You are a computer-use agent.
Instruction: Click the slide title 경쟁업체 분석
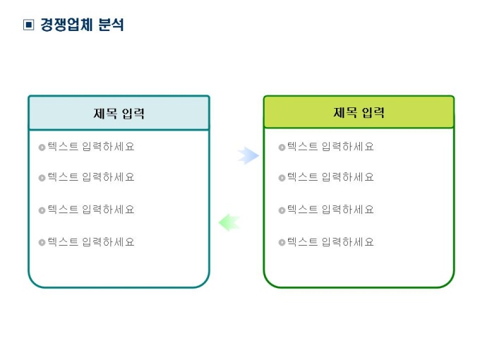82,25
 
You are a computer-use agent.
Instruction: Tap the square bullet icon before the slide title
28,25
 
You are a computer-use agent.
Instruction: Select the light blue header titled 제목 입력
119,113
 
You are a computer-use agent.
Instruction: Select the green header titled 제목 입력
359,112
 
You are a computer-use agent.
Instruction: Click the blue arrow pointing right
248,156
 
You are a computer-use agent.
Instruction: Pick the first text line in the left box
90,147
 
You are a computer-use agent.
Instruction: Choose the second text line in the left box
90,177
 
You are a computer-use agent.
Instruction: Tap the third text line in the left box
90,210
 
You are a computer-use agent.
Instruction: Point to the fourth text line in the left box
90,242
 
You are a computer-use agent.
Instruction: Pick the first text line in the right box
330,147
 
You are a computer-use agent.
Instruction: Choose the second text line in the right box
330,177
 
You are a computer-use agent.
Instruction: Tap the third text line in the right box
330,210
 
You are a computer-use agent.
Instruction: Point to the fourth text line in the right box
330,242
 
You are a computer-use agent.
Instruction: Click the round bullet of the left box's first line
42,148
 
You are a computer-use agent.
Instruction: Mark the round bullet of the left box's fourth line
42,243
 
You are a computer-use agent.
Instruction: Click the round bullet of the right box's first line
282,148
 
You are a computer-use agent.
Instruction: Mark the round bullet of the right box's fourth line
282,243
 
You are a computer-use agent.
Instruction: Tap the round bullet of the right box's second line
282,178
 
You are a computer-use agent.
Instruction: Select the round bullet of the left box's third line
42,210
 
